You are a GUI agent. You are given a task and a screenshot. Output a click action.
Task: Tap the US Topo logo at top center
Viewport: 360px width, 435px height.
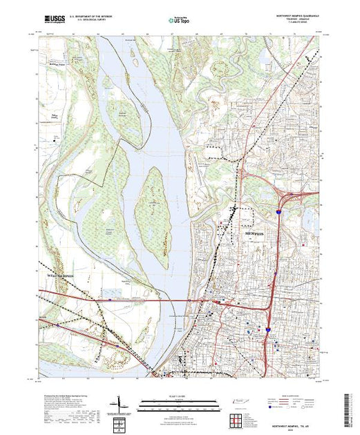tap(179, 21)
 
